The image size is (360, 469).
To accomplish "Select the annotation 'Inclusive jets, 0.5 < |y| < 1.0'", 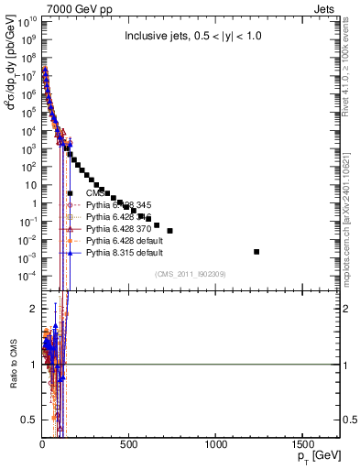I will (x=198, y=38).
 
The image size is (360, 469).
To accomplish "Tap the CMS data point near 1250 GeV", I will (x=256, y=251).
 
